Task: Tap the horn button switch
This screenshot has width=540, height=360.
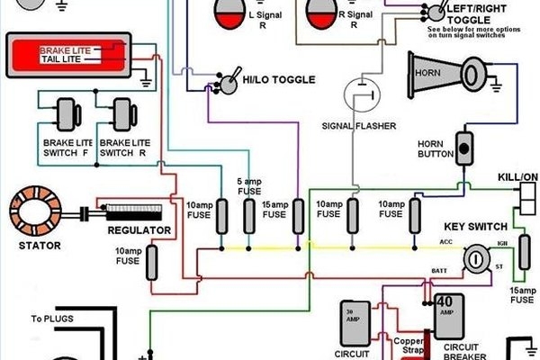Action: (x=464, y=147)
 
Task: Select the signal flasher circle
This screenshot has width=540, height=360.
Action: (x=360, y=94)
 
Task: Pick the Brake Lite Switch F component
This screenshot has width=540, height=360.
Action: (x=63, y=115)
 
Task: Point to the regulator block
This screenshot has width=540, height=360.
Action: (x=133, y=212)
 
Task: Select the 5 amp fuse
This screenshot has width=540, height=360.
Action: (x=249, y=217)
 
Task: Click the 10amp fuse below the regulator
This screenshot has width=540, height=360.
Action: (x=152, y=261)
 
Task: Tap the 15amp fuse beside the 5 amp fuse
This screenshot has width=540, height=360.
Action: (x=298, y=217)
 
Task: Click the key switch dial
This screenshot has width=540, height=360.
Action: (x=474, y=261)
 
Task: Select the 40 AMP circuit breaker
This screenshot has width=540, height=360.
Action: (x=444, y=311)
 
